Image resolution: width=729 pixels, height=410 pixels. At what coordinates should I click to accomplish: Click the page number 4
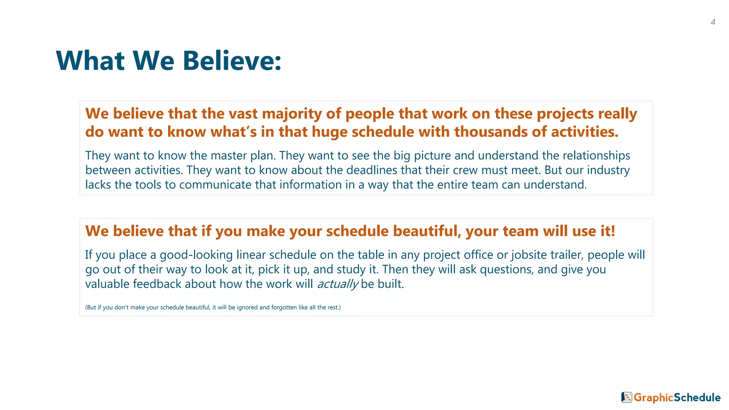713,22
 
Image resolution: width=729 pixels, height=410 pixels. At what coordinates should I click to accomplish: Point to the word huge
329,132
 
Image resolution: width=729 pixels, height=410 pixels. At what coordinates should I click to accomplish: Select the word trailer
567,255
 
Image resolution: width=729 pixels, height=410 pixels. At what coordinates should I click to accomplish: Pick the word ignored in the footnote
247,307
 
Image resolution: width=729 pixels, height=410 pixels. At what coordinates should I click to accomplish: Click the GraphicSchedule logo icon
626,398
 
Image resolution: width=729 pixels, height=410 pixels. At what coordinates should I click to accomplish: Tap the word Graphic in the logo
654,398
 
